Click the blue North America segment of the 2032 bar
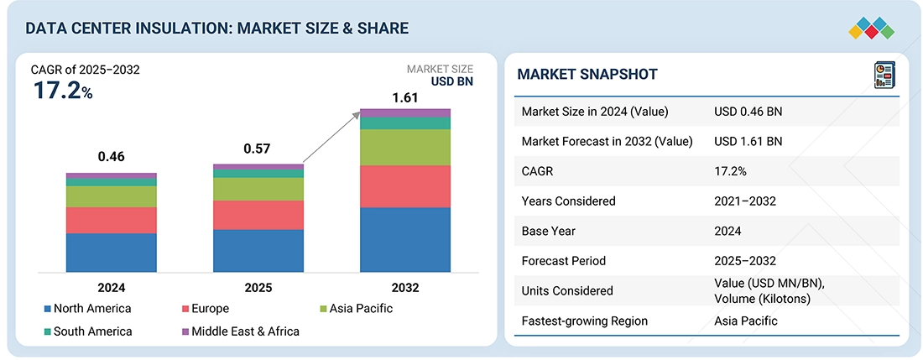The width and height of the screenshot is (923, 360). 405,239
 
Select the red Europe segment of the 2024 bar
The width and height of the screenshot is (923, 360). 112,220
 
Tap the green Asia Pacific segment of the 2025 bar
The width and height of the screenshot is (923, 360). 258,189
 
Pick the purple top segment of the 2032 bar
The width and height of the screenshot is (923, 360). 405,112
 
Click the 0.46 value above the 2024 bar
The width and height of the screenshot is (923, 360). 112,156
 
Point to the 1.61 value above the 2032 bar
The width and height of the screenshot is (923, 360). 405,98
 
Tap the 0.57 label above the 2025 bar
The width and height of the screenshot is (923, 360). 258,149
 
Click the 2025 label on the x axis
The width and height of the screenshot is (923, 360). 258,287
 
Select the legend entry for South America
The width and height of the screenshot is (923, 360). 92,331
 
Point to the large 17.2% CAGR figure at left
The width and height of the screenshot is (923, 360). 63,91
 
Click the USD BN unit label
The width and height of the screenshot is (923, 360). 452,81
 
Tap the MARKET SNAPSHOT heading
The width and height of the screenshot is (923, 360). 587,75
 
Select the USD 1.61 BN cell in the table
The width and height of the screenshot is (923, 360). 748,141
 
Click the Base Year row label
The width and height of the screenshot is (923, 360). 550,231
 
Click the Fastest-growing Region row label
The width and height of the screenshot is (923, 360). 585,321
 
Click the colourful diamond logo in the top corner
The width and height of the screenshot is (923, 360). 872,29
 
